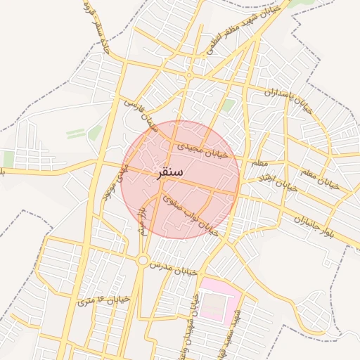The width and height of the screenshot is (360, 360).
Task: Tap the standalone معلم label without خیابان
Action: pyautogui.click(x=259, y=163)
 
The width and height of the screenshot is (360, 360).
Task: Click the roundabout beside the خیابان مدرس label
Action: pyautogui.click(x=143, y=261)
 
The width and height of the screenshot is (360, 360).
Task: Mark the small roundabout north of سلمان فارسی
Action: pyautogui.click(x=189, y=75)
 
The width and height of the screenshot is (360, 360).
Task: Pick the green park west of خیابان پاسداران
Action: pyautogui.click(x=229, y=105)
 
